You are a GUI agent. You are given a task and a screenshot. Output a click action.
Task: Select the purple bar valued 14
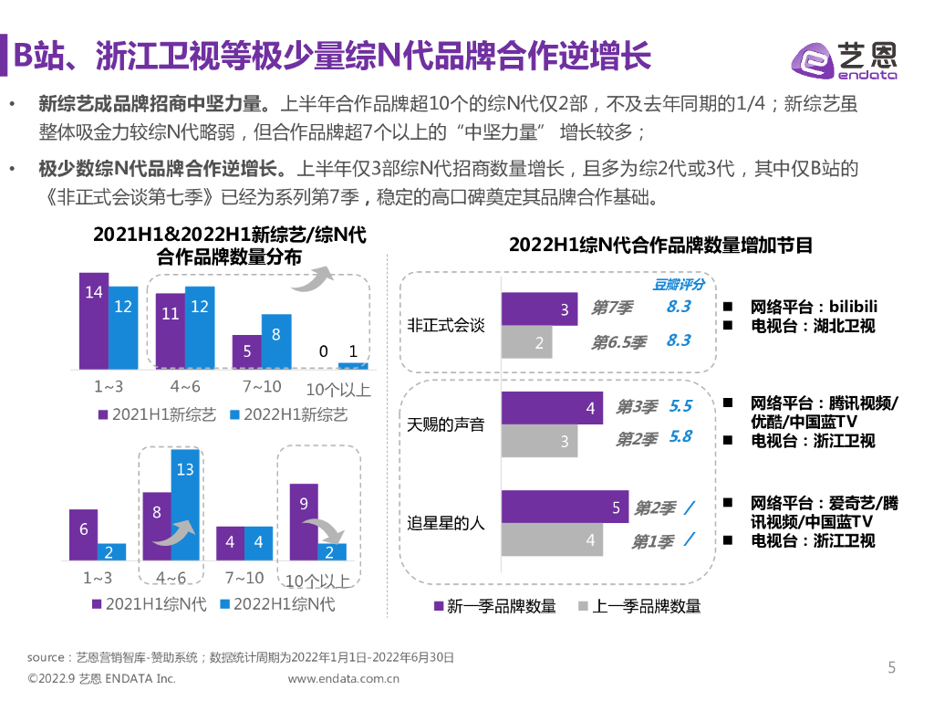point(94,320)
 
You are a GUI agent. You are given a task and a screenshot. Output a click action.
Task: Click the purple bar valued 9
point(304,521)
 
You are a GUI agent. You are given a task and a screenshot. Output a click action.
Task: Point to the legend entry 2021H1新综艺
point(157,414)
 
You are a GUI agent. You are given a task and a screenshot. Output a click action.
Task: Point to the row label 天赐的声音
point(446,424)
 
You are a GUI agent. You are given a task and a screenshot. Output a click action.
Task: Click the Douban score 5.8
point(680,437)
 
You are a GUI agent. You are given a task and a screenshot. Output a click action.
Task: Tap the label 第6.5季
point(618,343)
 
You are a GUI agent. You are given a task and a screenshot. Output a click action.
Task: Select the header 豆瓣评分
point(679,284)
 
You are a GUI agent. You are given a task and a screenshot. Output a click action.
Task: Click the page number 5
point(892,667)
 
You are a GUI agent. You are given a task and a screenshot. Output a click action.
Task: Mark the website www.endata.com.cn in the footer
point(344,679)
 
